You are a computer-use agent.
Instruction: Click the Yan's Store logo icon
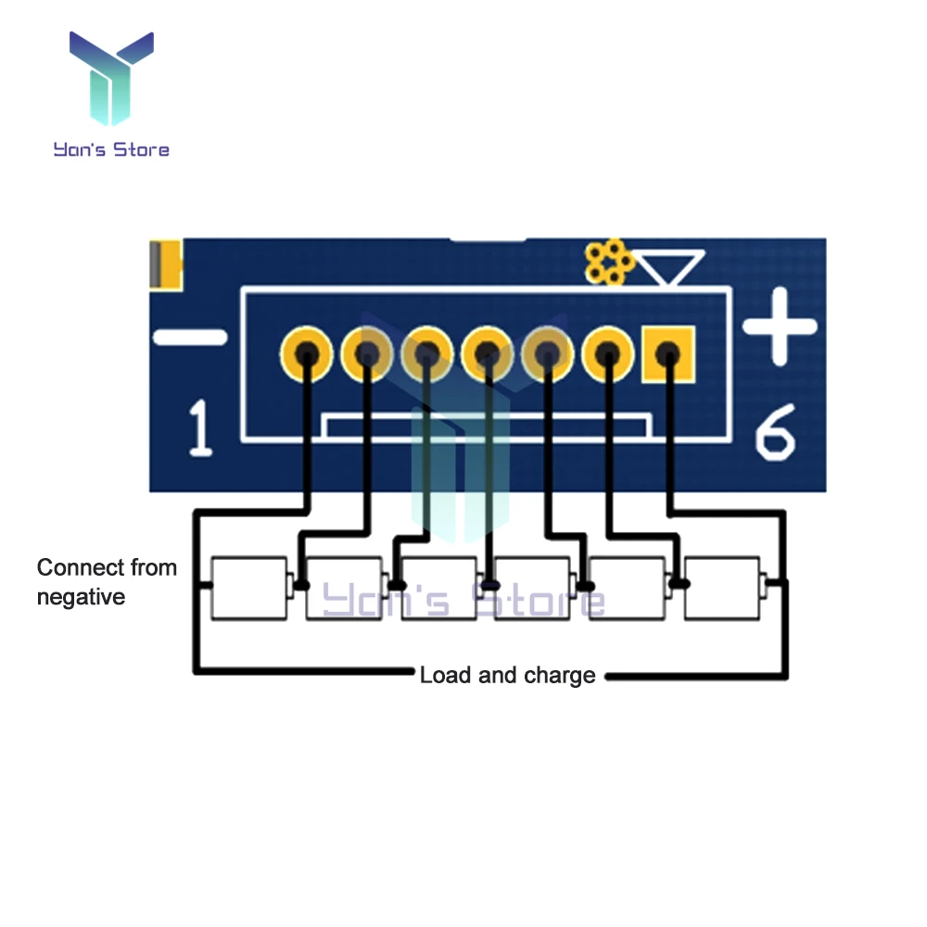pos(111,78)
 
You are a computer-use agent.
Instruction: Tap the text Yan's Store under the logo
pos(111,148)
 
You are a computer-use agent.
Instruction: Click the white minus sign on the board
pos(189,337)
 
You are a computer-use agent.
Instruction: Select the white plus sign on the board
pos(780,326)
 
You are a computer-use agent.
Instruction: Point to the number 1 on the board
pos(200,428)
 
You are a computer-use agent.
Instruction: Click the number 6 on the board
pos(775,433)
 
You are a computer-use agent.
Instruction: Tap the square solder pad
pos(667,353)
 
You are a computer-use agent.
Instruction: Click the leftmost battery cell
pos(249,588)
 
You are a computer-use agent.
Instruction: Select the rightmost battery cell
pos(722,588)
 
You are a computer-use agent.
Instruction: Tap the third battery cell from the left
pos(438,588)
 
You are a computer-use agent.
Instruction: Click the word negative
pos(80,597)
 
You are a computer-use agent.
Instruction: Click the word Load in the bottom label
pos(445,675)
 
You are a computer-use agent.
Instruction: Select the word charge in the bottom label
pos(559,675)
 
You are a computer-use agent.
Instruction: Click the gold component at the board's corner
pos(167,263)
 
